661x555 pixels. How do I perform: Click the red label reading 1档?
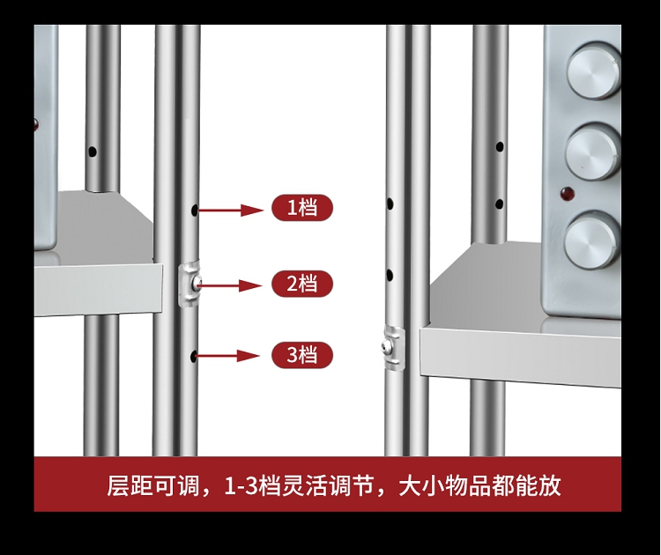[302, 209]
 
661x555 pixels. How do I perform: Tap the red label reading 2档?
[302, 284]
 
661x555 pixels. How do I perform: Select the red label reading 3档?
[302, 355]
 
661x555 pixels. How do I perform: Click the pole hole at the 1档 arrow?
[194, 211]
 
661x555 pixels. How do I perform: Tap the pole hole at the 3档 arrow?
[193, 356]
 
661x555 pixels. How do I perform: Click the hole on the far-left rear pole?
[92, 152]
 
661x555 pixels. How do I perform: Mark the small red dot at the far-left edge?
[36, 122]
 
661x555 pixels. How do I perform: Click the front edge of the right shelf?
[520, 357]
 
